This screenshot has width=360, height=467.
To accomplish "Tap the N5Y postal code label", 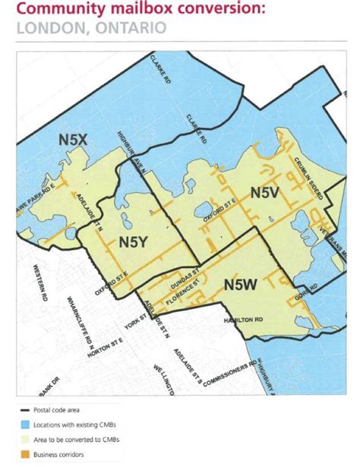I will [134, 241].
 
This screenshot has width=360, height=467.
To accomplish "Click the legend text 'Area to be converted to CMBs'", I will [72, 439].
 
